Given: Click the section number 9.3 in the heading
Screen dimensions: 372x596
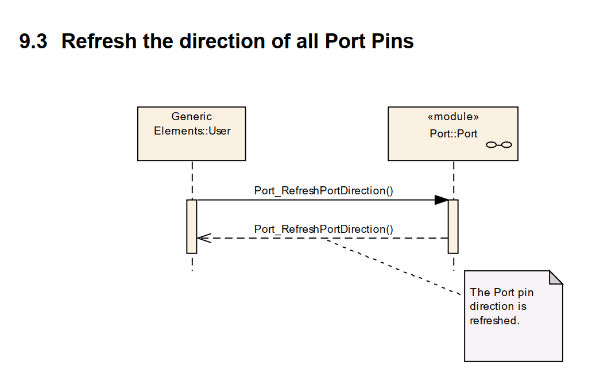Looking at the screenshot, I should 33,41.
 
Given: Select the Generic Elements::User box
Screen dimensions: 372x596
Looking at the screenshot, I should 191,146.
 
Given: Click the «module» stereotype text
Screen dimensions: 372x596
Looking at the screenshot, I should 453,117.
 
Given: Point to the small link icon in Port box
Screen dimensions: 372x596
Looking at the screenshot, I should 498,145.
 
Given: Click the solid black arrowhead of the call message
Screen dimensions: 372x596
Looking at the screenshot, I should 441,200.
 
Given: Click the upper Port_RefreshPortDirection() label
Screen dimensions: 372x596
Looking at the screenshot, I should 323,190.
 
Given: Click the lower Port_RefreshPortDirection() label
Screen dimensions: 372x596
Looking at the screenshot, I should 323,229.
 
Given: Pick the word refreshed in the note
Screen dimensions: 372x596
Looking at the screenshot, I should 494,321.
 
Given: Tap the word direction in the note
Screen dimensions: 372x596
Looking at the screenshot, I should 491,306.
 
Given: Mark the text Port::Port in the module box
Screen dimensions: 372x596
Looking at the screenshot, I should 453,134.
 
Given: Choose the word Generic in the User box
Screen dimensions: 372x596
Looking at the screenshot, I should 191,117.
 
